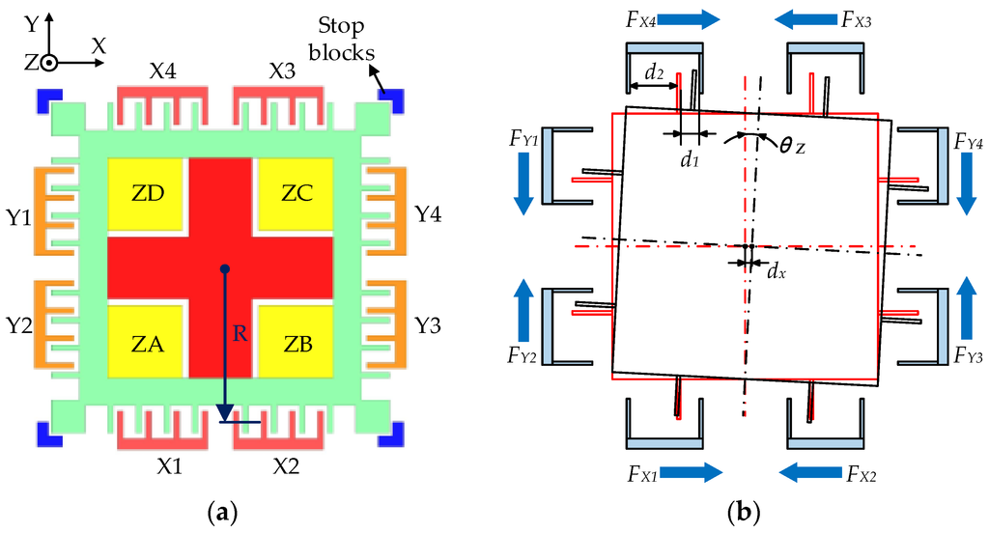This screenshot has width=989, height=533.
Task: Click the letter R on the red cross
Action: click(x=236, y=333)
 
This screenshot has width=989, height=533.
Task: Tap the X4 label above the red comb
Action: click(x=163, y=70)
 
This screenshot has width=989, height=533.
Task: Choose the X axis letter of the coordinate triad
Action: click(x=98, y=45)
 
